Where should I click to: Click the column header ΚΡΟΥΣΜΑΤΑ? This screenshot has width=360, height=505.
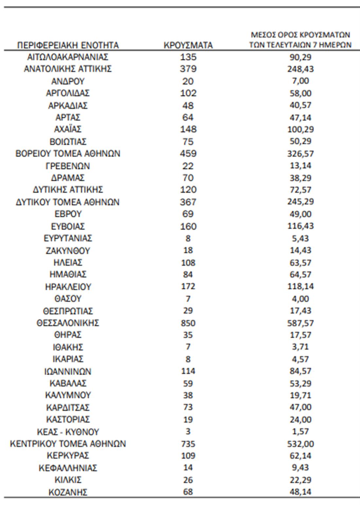tap(188, 45)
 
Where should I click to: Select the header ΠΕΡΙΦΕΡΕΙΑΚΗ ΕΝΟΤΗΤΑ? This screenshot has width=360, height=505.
tap(68, 45)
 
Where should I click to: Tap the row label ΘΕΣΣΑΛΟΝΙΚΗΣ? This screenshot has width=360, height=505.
tap(68, 323)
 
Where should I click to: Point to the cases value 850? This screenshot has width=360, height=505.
tap(188, 323)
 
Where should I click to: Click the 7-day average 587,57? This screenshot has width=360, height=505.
tap(300, 323)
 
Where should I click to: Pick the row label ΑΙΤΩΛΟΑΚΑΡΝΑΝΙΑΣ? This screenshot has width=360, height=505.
tap(68, 57)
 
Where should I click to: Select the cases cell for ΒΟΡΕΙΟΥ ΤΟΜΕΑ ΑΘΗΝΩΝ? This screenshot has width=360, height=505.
tap(188, 153)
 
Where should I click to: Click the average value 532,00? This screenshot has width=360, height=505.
tap(300, 444)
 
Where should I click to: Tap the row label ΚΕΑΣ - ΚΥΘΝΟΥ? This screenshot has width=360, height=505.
tap(68, 432)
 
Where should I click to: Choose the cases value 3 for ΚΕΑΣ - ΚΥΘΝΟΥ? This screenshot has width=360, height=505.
tap(188, 432)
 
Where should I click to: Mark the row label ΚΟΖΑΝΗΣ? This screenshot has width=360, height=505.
tap(68, 492)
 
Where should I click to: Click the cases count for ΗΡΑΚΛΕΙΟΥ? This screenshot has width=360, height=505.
tap(188, 286)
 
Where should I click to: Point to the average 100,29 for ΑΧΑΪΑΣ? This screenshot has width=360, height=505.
tap(300, 129)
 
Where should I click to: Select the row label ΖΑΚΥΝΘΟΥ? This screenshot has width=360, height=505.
tap(68, 250)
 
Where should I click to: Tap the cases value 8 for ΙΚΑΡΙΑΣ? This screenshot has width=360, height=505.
tap(188, 359)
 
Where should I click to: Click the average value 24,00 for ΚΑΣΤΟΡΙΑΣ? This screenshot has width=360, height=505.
tap(300, 419)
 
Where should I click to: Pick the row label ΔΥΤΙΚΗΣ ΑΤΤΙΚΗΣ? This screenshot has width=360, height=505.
tap(68, 189)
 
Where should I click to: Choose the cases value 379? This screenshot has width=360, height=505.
tap(188, 69)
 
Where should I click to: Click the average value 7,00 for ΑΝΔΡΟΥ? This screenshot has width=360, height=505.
tap(300, 81)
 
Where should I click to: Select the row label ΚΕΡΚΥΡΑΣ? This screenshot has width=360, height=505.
tap(68, 456)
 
